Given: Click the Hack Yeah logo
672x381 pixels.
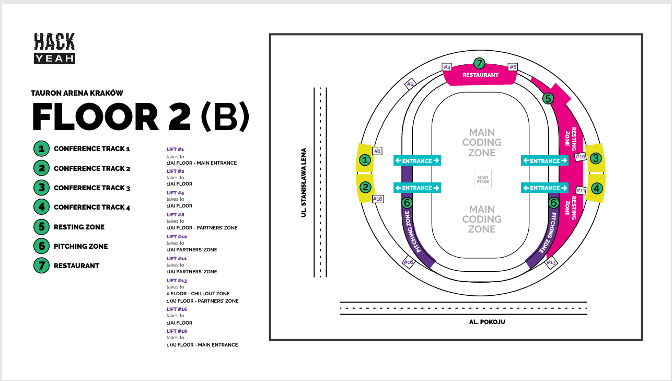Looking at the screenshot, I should coord(55,48).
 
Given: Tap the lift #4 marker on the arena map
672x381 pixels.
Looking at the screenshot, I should coord(447,67).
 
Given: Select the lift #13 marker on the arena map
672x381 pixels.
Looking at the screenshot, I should coord(551,262).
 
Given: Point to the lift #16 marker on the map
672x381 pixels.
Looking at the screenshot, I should coord(409,262).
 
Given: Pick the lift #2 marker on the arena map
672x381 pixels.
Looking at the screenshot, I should coord(410,84).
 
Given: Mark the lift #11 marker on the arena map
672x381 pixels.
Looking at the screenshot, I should coord(581,191).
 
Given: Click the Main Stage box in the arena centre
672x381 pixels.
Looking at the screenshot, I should coord(482,179).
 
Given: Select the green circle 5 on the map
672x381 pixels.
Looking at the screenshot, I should coord(548,98).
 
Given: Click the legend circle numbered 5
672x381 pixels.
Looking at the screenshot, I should coord(41,227).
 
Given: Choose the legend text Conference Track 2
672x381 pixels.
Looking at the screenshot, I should coord(92,168).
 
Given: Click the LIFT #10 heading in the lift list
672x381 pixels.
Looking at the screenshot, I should coord(177,237).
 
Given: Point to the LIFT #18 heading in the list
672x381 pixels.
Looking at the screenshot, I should coord(177,331).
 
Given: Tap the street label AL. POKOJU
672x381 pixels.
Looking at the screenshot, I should coord(487,322).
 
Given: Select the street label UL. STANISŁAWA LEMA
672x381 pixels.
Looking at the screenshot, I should coord(304,182).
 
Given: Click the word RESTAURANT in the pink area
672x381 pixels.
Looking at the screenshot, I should coord(480,75).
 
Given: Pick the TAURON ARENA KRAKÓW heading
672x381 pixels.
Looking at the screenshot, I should coord(77,93).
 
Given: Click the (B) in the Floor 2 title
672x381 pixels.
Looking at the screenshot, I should coord(225,117).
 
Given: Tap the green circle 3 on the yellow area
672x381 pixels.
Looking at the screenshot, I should coord(596,159).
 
